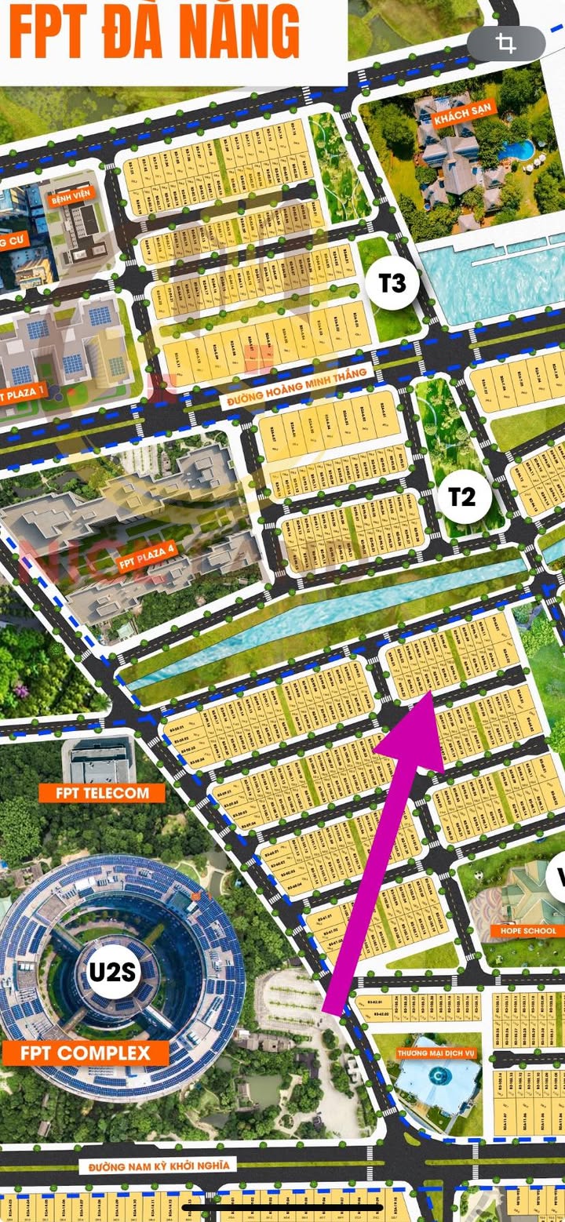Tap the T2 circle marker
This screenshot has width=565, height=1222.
(462, 496)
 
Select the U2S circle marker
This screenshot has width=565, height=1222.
(113, 972)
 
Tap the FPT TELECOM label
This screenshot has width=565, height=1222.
(102, 792)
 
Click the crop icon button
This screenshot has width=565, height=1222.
(506, 45)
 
